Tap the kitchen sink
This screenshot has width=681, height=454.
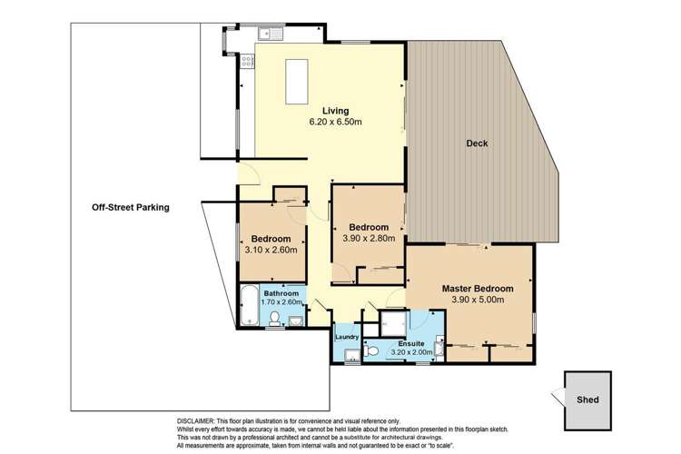(270, 35)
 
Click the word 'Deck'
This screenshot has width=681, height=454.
(478, 143)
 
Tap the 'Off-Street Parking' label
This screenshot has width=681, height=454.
(131, 207)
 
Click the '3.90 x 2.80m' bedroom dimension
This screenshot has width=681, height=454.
(366, 238)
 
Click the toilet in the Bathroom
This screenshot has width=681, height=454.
(276, 318)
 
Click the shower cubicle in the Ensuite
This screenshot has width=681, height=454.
(392, 321)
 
